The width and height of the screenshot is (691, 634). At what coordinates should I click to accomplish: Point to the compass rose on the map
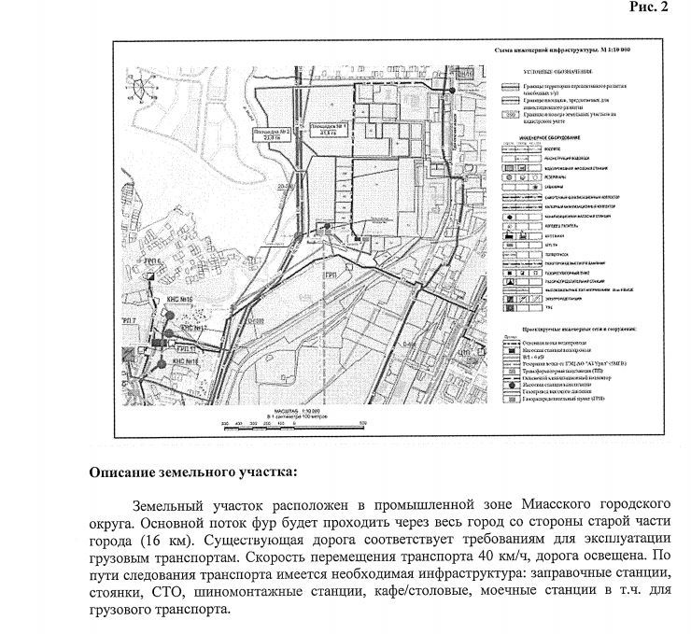tap(141, 91)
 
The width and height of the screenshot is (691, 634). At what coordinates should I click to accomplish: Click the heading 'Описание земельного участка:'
tap(192, 472)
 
